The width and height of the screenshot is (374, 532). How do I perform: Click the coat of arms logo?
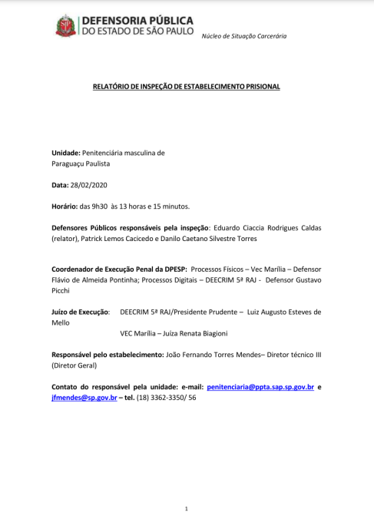[66, 26]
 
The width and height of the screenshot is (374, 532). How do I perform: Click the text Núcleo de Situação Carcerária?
[243, 36]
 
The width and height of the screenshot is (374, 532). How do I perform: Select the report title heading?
[187, 87]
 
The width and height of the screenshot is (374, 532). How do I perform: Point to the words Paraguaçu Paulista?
[81, 164]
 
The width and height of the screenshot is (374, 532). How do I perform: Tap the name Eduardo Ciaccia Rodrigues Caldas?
[265, 228]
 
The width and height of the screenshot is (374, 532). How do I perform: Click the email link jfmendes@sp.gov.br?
[84, 398]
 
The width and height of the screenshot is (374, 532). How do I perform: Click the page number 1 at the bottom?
[187, 508]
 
